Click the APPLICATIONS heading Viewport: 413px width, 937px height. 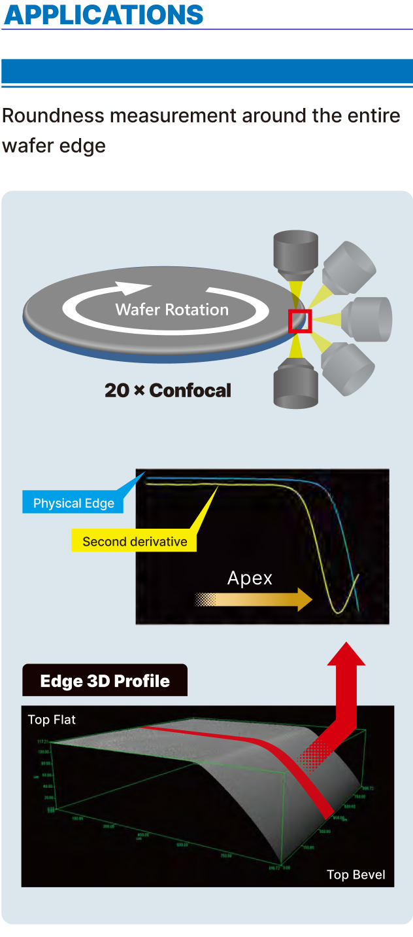(104, 14)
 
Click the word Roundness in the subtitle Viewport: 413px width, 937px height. (53, 116)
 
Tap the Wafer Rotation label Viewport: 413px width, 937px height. (172, 309)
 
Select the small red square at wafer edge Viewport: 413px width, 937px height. (300, 321)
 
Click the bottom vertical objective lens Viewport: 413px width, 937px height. (295, 385)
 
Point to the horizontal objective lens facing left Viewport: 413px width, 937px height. (369, 319)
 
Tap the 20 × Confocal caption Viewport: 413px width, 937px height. (168, 391)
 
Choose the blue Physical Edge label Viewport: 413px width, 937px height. (74, 503)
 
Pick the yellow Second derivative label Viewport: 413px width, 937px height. (135, 541)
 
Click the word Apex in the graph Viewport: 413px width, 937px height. (250, 578)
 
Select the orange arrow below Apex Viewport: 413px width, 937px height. (255, 599)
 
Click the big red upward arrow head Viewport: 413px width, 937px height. (346, 655)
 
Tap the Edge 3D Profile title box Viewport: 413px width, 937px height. (105, 681)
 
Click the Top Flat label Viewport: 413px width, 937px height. (52, 720)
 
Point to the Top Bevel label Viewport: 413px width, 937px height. (355, 875)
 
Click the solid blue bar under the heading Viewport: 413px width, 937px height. (206, 71)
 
